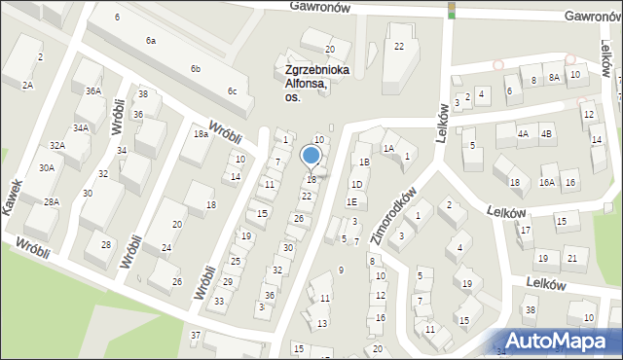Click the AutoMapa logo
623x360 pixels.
click(x=564, y=340)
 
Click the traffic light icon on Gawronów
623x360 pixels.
click(x=451, y=11)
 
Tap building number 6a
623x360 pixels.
click(x=151, y=41)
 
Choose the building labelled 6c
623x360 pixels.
click(x=232, y=91)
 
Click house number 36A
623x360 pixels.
click(x=92, y=90)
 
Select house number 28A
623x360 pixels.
click(x=52, y=201)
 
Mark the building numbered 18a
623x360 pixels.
click(x=201, y=134)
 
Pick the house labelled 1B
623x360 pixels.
click(x=364, y=162)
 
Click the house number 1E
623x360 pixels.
click(x=351, y=201)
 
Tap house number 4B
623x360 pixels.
click(x=546, y=133)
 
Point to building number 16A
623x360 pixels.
click(x=547, y=182)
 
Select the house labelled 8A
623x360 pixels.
click(x=553, y=79)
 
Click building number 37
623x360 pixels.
click(x=196, y=335)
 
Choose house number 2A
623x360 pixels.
click(x=28, y=86)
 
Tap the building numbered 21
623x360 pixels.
click(x=571, y=258)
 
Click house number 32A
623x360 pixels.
click(x=57, y=146)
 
